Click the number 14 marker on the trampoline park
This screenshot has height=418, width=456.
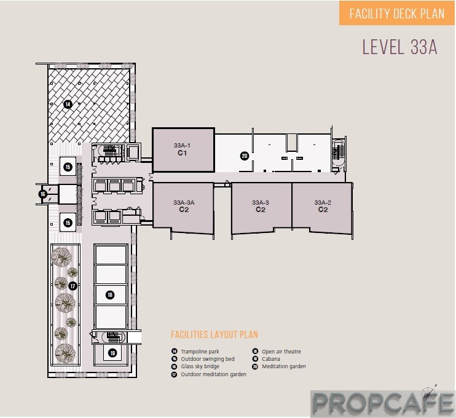tap(68, 104)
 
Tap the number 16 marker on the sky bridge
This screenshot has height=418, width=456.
tap(43, 194)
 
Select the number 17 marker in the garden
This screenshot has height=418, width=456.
tap(73, 286)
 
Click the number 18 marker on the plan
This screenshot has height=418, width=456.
tap(110, 295)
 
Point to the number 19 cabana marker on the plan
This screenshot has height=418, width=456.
tap(112, 353)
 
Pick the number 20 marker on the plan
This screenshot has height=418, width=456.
tap(245, 156)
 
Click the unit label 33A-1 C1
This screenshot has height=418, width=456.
tap(182, 149)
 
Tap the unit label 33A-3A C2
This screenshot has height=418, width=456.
tap(184, 207)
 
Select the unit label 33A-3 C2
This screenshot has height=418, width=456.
tap(261, 207)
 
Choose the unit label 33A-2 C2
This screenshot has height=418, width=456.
tap(323, 207)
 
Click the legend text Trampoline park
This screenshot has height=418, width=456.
tap(200, 352)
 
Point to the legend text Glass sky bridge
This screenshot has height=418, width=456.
tap(200, 366)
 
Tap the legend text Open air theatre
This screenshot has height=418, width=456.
tap(281, 352)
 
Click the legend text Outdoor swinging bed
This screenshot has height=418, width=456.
tap(208, 359)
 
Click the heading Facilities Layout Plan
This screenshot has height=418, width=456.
tap(214, 334)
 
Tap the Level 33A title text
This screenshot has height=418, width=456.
tap(399, 47)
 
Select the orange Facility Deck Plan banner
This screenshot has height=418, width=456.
tap(396, 14)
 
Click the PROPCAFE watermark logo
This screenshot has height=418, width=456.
tap(383, 403)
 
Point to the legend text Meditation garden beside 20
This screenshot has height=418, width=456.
tap(284, 366)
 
